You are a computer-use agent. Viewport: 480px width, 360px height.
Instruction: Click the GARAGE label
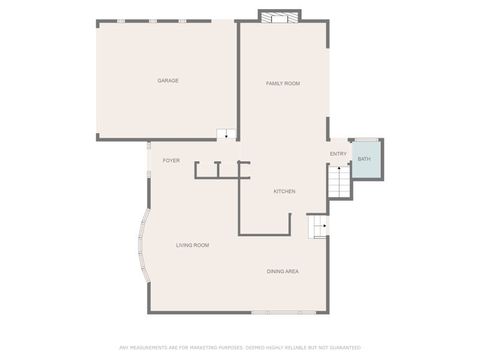click(167, 80)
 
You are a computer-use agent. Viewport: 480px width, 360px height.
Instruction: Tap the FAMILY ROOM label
click(282, 83)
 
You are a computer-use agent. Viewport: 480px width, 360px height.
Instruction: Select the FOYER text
click(171, 160)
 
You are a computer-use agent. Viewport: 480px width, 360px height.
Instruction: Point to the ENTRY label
click(338, 153)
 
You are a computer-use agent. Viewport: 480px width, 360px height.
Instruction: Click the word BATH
click(364, 159)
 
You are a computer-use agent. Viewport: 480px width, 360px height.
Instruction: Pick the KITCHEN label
click(284, 191)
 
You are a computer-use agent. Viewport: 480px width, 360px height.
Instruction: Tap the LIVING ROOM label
click(192, 245)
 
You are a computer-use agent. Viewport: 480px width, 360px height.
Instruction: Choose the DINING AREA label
click(282, 271)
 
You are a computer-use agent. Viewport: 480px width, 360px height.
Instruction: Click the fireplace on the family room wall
click(279, 16)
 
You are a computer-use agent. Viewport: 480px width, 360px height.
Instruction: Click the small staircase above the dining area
click(319, 228)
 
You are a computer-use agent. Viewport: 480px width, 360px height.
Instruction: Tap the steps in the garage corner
click(227, 135)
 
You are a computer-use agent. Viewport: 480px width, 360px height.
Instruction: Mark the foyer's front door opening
click(148, 158)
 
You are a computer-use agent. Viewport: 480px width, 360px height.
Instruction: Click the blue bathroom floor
click(366, 160)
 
